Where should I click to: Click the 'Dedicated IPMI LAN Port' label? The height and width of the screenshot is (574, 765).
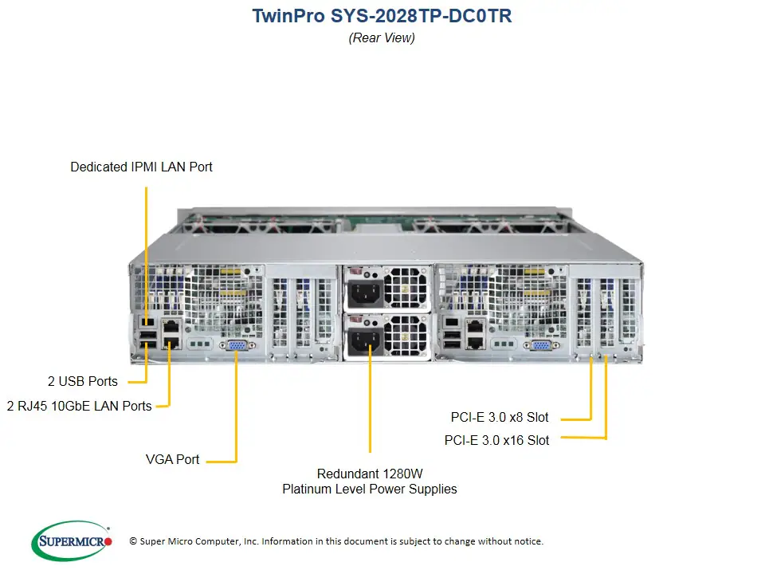(x=141, y=167)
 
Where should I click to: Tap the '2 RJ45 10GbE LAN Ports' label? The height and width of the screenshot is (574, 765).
(x=79, y=406)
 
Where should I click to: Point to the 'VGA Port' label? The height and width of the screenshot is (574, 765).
(x=172, y=459)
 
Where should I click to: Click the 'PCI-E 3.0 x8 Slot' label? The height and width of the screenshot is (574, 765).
(x=499, y=417)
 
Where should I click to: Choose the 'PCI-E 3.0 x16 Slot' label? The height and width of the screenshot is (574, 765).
(x=496, y=440)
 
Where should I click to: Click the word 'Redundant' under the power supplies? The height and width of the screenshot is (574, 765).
(x=348, y=473)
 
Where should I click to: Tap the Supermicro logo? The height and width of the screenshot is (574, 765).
(x=72, y=541)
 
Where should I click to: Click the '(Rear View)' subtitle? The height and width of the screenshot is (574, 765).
(x=382, y=37)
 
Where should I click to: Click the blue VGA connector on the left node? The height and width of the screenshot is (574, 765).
(x=237, y=345)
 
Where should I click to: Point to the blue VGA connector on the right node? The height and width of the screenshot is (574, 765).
(x=539, y=345)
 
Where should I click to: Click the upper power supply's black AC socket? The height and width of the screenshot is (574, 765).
(x=363, y=293)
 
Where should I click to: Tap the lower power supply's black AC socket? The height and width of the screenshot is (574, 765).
(x=362, y=343)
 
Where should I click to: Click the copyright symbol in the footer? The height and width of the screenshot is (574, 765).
(x=133, y=541)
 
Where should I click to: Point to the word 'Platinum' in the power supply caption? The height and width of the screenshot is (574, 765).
(x=308, y=489)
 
